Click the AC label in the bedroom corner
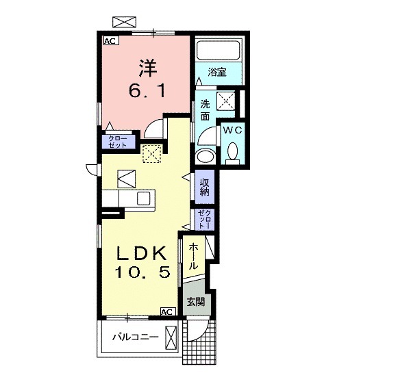click(x=111, y=41)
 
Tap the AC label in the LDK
click(x=168, y=311)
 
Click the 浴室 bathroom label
click(x=217, y=72)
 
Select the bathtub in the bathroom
click(x=219, y=51)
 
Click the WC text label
click(x=232, y=130)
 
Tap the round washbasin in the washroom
click(x=206, y=156)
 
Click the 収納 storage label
click(x=205, y=187)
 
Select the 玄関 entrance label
click(x=196, y=302)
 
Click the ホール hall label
click(x=193, y=256)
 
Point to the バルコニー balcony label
click(x=136, y=337)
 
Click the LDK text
click(x=141, y=253)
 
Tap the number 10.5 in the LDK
click(x=142, y=272)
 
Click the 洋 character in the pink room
click(x=148, y=68)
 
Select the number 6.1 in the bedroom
click(x=147, y=91)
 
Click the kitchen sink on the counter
click(x=143, y=198)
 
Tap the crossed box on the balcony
click(x=171, y=337)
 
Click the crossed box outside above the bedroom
click(x=124, y=22)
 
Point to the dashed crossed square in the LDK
click(x=152, y=153)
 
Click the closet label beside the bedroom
click(x=118, y=142)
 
